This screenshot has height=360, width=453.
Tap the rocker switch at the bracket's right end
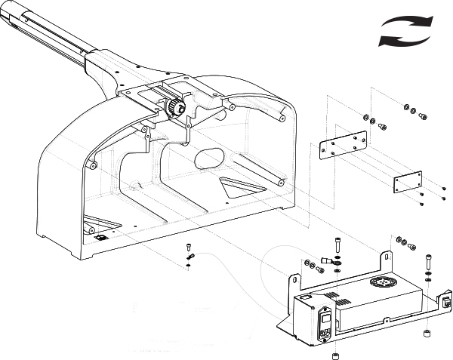coord(447,304)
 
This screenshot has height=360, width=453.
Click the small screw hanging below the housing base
coord(188,249)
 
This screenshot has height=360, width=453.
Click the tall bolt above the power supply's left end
coord(337,245)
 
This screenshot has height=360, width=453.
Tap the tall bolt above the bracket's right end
coord(429,260)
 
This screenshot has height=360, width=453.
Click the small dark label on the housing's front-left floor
coord(102,236)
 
